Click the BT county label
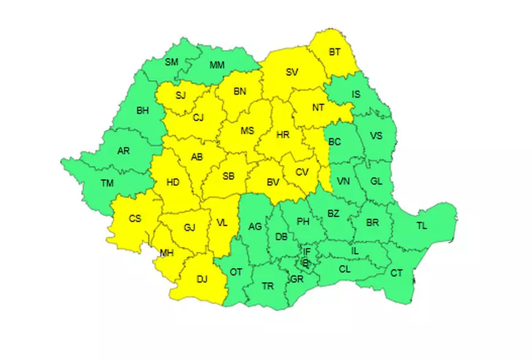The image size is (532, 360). (x=334, y=52)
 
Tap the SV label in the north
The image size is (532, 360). (x=292, y=72)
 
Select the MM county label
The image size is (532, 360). (x=216, y=65)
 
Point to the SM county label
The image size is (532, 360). (x=172, y=62)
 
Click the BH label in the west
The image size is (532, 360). (x=142, y=111)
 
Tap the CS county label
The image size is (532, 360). (x=135, y=219)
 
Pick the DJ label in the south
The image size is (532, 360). (x=202, y=279)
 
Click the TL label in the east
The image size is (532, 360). (x=422, y=226)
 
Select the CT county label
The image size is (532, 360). (x=396, y=273)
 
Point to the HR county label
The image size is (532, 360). (x=283, y=135)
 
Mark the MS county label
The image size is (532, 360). (x=247, y=131)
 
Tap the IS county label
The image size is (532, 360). (x=356, y=94)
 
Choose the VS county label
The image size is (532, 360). (x=375, y=135)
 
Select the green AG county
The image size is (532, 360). (x=255, y=226)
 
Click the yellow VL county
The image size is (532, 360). (x=222, y=223)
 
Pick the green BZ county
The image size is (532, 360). (x=333, y=213)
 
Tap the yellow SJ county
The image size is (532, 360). (x=180, y=95)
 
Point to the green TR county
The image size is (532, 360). (x=267, y=286)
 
